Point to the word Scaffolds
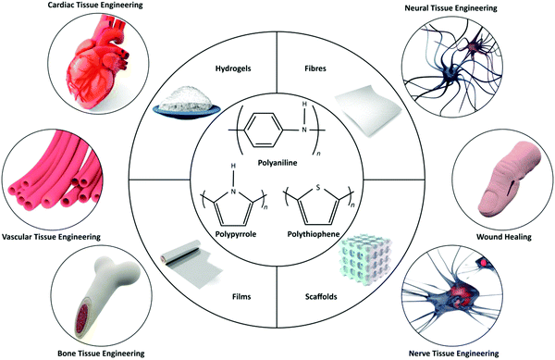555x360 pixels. coord(341,298)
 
